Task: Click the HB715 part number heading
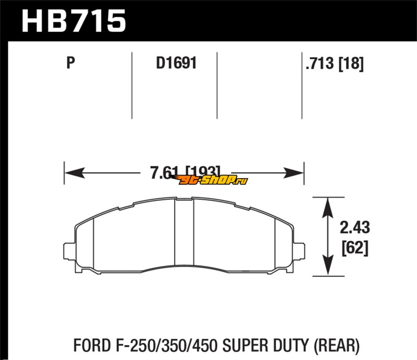tap(73, 21)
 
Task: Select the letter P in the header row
tap(71, 63)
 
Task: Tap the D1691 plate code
tap(176, 63)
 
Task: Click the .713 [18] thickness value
tap(335, 64)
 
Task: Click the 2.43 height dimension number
tap(355, 228)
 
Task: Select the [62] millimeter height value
tap(355, 248)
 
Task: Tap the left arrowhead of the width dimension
tap(75, 173)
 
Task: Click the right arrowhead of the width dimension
tap(293, 173)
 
